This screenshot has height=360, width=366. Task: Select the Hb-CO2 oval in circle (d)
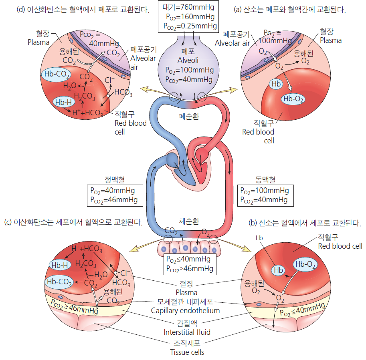click(x=57, y=74)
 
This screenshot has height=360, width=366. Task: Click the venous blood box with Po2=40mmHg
click(x=115, y=195)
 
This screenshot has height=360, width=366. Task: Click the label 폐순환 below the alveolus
click(x=189, y=117)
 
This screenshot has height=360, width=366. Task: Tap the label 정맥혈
click(x=115, y=180)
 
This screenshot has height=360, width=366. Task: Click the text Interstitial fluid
click(x=187, y=332)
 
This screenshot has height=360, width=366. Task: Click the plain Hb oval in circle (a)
click(x=276, y=84)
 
